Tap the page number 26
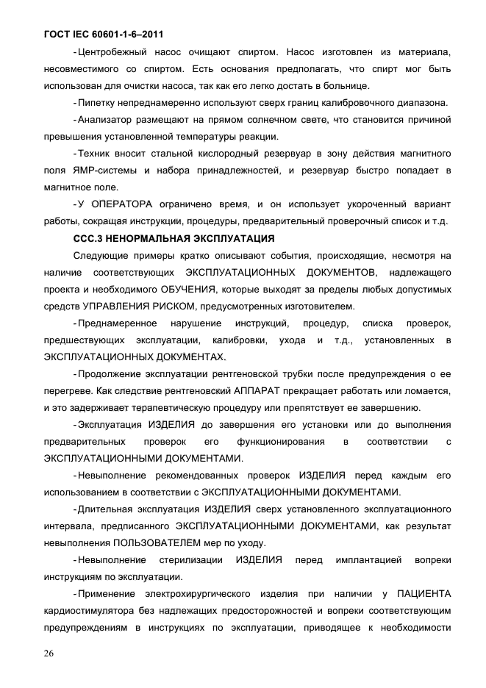pyautogui.click(x=49, y=653)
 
